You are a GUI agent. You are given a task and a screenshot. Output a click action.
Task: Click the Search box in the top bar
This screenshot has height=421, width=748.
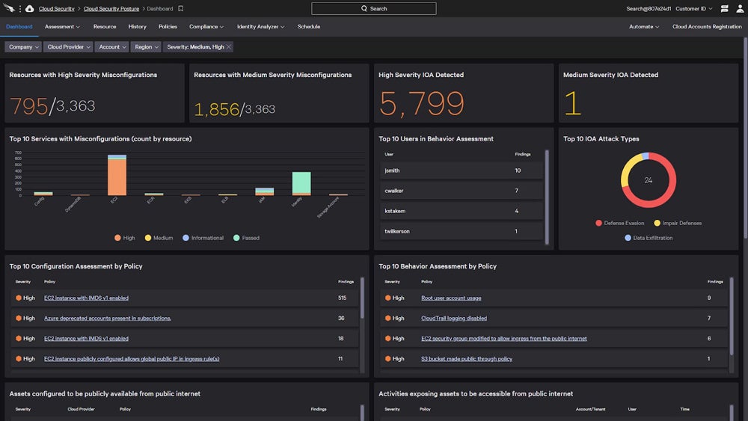(373, 9)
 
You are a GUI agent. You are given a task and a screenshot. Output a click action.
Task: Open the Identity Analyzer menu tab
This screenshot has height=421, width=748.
(260, 27)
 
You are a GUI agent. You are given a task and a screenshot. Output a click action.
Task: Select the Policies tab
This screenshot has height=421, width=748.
(168, 27)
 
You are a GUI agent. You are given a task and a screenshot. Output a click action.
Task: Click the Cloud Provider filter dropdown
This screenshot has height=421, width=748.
(69, 46)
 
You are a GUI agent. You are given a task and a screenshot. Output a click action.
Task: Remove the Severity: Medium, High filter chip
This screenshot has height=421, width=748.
(229, 46)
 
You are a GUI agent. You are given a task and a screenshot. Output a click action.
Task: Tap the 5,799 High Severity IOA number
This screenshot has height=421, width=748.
(421, 104)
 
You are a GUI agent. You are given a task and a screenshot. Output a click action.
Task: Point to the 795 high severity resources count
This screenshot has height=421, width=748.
(28, 106)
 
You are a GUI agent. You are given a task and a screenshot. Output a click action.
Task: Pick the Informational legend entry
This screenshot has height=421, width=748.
(203, 238)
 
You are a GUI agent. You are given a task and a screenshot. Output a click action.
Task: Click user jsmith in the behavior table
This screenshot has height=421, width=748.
(392, 170)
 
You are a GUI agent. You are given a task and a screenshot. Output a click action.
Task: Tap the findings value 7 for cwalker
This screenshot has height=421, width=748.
(517, 191)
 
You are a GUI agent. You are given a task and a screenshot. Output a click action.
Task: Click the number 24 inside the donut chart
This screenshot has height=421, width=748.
(649, 180)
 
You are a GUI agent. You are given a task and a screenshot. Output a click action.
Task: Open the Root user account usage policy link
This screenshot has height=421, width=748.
(451, 298)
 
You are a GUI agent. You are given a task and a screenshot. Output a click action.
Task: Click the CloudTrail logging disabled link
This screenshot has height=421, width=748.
(453, 318)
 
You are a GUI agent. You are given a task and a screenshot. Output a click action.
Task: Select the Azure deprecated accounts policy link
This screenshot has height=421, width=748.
(107, 318)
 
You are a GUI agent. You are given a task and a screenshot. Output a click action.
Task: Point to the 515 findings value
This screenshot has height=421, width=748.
(342, 298)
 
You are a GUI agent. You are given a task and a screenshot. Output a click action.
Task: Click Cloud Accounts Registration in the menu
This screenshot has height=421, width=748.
(706, 27)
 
